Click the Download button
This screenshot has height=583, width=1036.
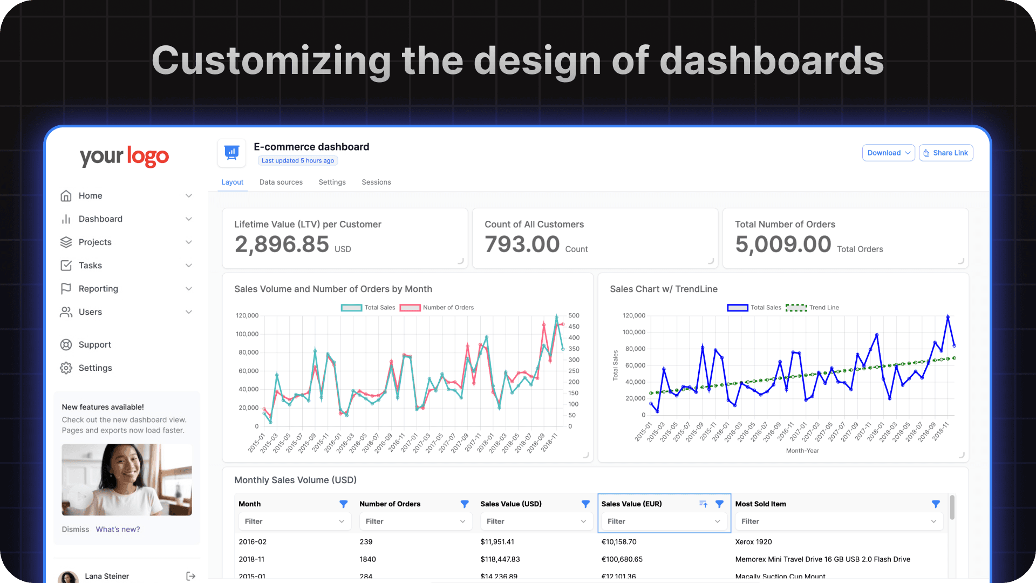(x=888, y=153)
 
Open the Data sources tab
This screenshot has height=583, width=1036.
(x=281, y=182)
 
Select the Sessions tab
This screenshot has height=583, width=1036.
(x=376, y=182)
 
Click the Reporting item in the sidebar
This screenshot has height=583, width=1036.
(x=98, y=289)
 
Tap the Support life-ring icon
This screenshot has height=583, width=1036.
(x=66, y=345)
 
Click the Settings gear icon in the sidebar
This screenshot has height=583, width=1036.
(x=66, y=368)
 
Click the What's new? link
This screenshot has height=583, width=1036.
(x=118, y=530)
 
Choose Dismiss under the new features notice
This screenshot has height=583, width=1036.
(x=75, y=530)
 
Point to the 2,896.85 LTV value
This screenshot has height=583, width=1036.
(x=282, y=245)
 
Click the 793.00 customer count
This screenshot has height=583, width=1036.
(x=522, y=245)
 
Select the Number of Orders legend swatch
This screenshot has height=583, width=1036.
(x=410, y=308)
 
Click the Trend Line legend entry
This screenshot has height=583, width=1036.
(x=812, y=308)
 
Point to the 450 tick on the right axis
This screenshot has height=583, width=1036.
(x=574, y=327)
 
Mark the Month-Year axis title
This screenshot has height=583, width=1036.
(x=802, y=451)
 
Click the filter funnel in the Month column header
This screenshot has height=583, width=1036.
(x=343, y=504)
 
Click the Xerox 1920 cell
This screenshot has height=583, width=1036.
(x=753, y=542)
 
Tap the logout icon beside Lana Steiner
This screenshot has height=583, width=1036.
(x=190, y=577)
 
